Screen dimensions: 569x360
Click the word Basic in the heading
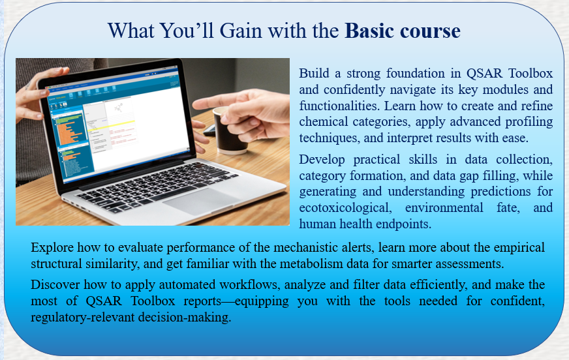369,31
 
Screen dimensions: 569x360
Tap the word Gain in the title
241,31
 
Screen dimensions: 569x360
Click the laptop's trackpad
201,202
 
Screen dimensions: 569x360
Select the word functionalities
339,106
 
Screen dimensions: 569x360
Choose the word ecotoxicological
345,208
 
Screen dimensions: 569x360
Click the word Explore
52,247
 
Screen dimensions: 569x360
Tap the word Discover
55,284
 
